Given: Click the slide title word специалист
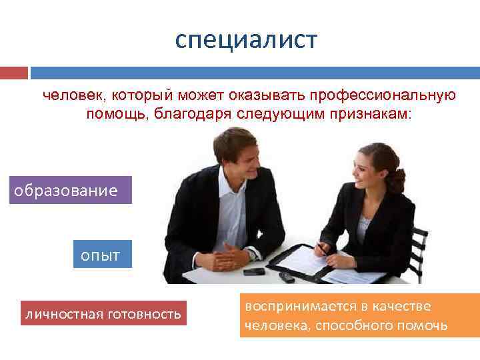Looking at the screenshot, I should (x=247, y=40).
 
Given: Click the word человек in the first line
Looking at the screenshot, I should (x=68, y=95).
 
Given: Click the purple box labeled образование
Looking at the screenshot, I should (x=71, y=190).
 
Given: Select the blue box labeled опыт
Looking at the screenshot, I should (x=102, y=255).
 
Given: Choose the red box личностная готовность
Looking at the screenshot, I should (x=103, y=313).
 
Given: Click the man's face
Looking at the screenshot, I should (x=239, y=159).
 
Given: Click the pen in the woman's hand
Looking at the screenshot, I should (x=319, y=246).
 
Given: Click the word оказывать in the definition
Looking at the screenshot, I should (x=255, y=95).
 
